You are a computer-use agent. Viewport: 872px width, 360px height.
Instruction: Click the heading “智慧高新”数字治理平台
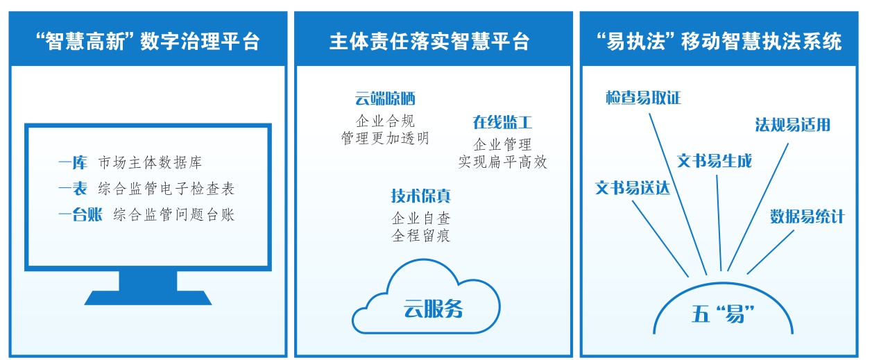click(147, 41)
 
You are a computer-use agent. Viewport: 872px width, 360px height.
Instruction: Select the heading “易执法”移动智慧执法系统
click(719, 41)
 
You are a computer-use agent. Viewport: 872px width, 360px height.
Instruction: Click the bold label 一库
click(73, 164)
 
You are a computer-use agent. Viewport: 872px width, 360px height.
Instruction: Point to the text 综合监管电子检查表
click(171, 189)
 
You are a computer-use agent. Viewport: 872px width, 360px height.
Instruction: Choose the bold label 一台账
click(80, 214)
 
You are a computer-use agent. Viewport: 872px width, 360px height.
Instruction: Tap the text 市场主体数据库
click(151, 164)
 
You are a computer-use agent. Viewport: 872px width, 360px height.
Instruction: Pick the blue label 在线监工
click(502, 123)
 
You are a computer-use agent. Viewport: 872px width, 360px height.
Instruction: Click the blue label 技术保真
click(420, 196)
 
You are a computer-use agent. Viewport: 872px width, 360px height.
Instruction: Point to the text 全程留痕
click(420, 236)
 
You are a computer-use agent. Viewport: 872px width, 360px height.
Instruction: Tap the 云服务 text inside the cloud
click(433, 309)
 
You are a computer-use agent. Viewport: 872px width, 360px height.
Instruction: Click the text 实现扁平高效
click(502, 162)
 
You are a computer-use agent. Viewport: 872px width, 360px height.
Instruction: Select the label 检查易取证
click(643, 98)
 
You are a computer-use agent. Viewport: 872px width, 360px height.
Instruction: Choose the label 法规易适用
click(792, 125)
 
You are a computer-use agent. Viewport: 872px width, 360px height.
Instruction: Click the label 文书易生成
click(714, 161)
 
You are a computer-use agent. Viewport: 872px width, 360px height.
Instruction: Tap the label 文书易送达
click(633, 188)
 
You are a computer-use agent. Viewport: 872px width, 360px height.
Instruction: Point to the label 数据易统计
click(807, 216)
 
